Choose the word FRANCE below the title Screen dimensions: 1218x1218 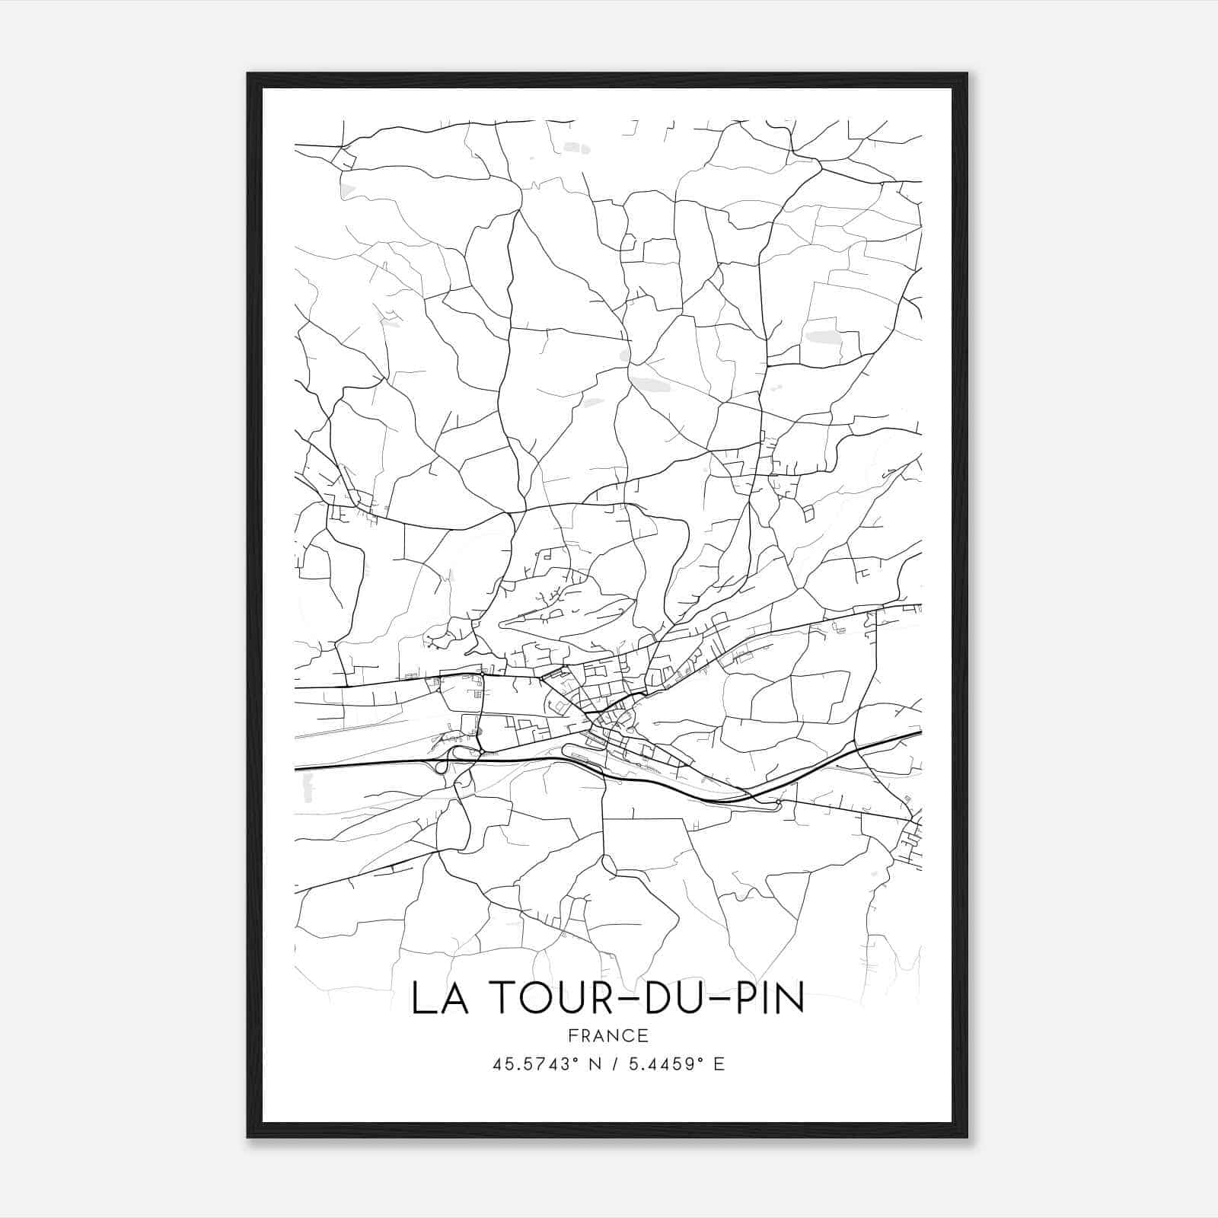pyautogui.click(x=608, y=1035)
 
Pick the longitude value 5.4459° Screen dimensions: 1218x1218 pyautogui.click(x=663, y=1064)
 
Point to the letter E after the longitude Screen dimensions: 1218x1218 pyautogui.click(x=719, y=1064)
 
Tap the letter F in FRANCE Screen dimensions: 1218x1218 pyautogui.click(x=572, y=1035)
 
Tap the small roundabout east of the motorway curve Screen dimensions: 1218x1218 pyautogui.click(x=776, y=804)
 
